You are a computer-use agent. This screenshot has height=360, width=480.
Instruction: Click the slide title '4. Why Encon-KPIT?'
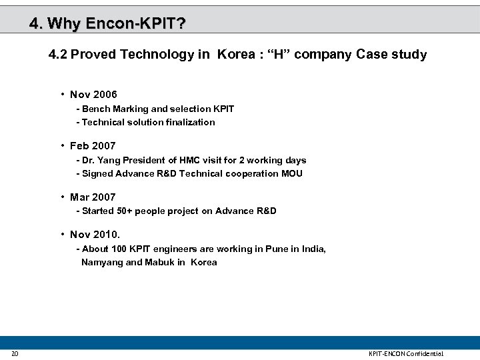click(107, 25)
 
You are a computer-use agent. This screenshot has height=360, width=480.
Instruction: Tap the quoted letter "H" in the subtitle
click(280, 55)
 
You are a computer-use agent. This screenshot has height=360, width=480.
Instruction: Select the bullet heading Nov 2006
click(93, 95)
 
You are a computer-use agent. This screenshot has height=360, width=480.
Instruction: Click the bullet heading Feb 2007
click(93, 145)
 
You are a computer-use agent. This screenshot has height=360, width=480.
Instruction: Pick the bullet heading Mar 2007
click(93, 197)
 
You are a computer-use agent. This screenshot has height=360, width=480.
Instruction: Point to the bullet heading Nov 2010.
click(95, 234)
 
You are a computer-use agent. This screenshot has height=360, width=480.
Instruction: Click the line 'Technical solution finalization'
click(148, 122)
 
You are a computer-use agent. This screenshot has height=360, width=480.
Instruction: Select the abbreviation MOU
click(291, 173)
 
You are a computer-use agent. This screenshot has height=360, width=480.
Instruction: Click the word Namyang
click(102, 262)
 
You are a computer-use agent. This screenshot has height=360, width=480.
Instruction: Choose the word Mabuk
click(159, 262)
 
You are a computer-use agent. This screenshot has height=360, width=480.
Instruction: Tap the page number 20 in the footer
click(15, 353)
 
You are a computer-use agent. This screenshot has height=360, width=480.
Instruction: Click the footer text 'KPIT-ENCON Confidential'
click(406, 353)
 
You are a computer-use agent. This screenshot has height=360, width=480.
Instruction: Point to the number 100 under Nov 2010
click(119, 249)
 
